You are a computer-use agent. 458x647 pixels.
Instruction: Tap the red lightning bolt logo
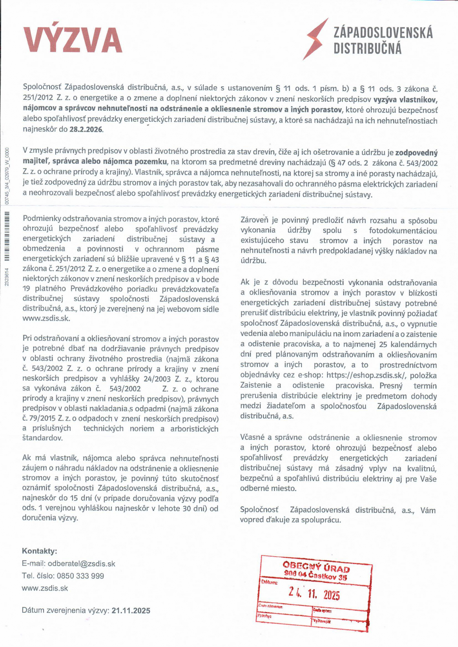pyautogui.click(x=316, y=39)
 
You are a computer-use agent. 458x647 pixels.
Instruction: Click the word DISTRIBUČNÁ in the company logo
pyautogui.click(x=367, y=49)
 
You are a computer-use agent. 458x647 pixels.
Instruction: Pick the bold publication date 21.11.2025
pyautogui.click(x=131, y=611)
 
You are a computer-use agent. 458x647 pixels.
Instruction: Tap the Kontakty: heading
pyautogui.click(x=39, y=551)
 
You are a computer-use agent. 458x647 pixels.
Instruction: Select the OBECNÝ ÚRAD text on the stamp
pyautogui.click(x=316, y=567)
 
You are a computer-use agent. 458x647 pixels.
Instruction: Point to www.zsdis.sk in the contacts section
pyautogui.click(x=45, y=588)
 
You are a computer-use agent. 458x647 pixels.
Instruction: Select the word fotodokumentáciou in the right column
pyautogui.click(x=403, y=230)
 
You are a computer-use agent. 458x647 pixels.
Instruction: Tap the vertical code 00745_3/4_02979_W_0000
pyautogui.click(x=7, y=177)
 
